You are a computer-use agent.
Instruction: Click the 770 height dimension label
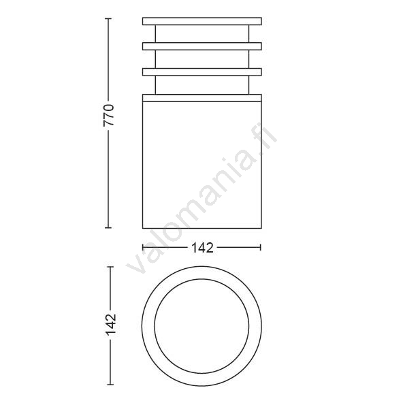point(108,115)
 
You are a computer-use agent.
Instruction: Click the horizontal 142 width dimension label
point(202,248)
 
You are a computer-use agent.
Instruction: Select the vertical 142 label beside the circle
point(111,325)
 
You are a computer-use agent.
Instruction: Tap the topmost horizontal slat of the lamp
point(202,21)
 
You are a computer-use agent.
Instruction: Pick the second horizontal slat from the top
point(202,46)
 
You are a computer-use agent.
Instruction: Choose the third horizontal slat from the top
point(202,72)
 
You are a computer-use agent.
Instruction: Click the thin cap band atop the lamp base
point(202,98)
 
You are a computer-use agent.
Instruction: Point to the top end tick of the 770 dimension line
point(108,19)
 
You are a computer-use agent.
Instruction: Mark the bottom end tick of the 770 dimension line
point(108,227)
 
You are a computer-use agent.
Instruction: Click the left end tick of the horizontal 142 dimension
point(143,247)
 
